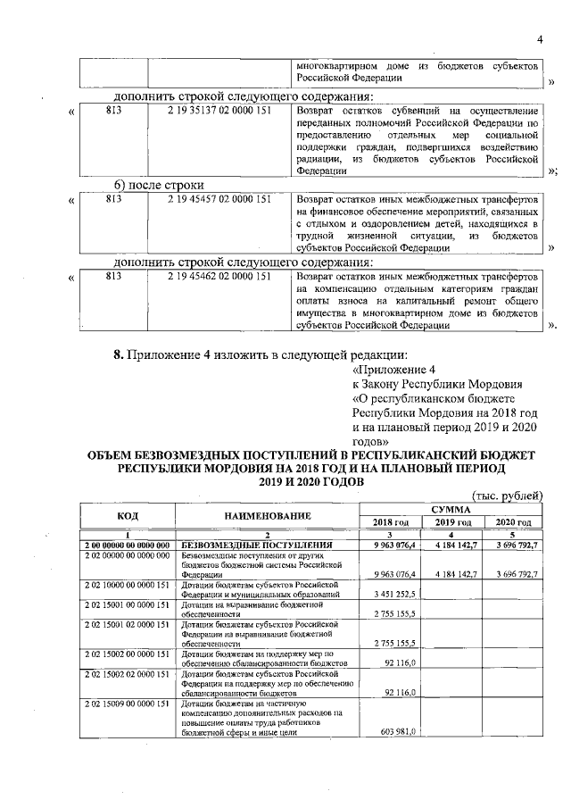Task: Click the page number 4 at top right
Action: tap(540, 38)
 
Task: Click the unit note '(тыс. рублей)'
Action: tap(506, 496)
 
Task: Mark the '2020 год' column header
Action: tap(512, 522)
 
